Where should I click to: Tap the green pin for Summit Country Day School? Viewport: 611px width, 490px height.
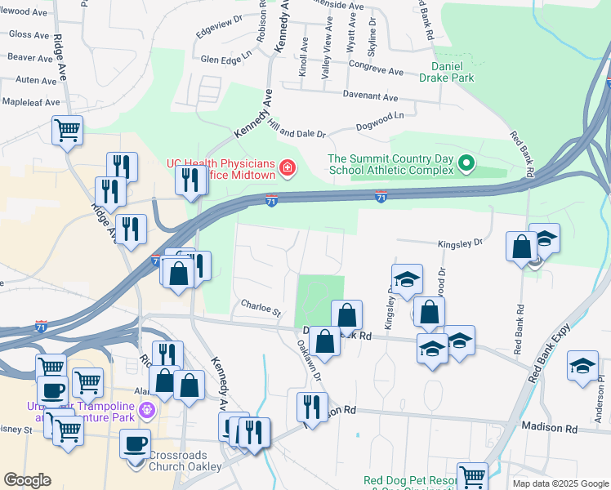466,164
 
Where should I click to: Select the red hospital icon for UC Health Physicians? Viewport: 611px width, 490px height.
287,169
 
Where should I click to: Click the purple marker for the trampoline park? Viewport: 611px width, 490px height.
147,409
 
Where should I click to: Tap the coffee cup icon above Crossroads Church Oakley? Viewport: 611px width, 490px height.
135,443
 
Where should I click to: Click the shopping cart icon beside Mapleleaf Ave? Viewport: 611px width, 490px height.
67,129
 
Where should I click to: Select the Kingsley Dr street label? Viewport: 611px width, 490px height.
461,243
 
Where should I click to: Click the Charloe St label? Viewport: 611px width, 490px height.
261,309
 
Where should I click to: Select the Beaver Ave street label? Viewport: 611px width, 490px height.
30,58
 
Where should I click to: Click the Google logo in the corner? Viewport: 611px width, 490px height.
27,480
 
